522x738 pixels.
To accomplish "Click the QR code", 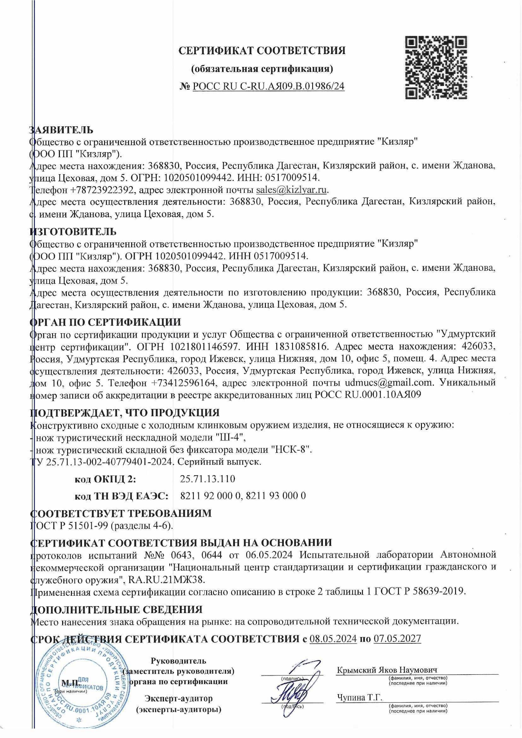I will pos(436,68).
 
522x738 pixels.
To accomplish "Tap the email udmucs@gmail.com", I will pos(386,383).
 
